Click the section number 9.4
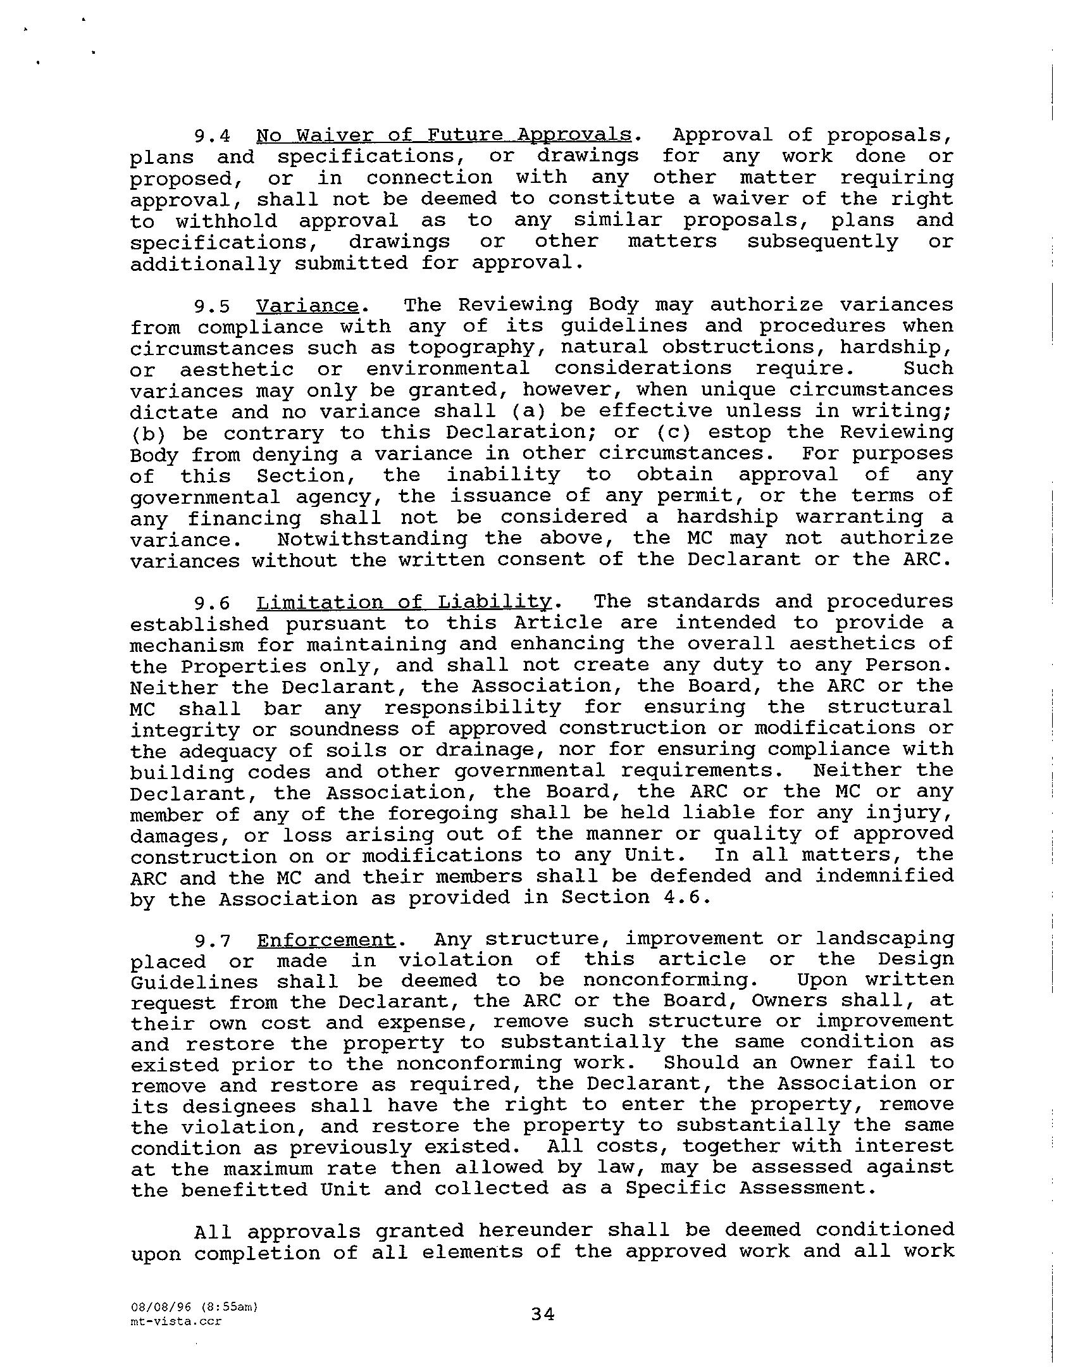tap(212, 136)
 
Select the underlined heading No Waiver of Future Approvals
tap(443, 135)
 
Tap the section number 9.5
tap(212, 306)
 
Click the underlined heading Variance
tap(307, 306)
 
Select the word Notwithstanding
tap(372, 539)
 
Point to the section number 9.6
tap(212, 602)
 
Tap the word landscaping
tap(884, 939)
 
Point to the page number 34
tap(543, 1315)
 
